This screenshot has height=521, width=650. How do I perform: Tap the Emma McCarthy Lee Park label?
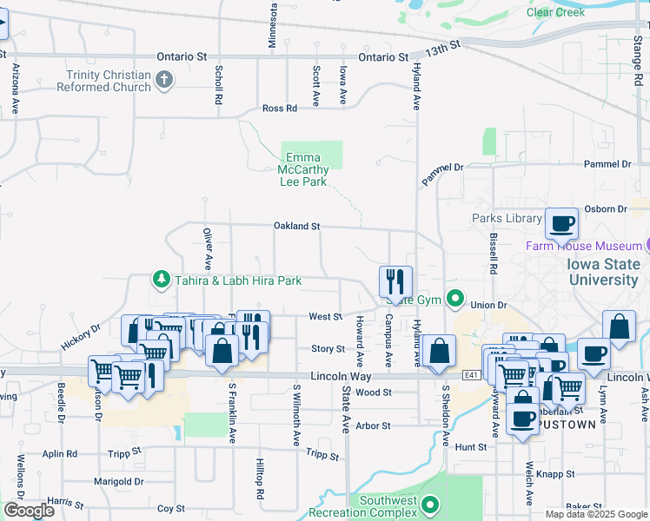pos(303,169)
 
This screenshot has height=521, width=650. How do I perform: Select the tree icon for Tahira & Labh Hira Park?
pos(161,280)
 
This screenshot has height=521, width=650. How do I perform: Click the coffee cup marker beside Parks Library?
pos(561,224)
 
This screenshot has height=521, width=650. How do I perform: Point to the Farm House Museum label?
pos(584,246)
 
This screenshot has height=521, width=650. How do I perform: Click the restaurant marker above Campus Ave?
pos(395,280)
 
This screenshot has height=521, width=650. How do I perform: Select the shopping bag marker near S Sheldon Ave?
pos(441,352)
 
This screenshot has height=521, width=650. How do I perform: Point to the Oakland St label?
pos(297,226)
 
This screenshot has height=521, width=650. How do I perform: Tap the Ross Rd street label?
pos(280,109)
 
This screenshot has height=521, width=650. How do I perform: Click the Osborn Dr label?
pos(607,209)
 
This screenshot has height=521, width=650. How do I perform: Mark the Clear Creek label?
pos(555,12)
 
